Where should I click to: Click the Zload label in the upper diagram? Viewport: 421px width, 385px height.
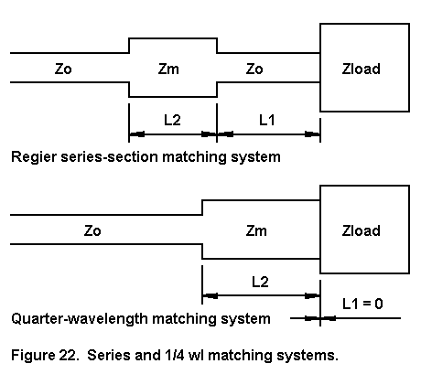tap(361, 69)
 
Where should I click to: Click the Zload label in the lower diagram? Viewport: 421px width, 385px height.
tap(361, 230)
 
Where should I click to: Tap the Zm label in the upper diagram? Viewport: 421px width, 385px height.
tap(168, 69)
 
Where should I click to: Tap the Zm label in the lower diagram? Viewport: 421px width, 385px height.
tap(256, 230)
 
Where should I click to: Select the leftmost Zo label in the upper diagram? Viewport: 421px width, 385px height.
tap(63, 69)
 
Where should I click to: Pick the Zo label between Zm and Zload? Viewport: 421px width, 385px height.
tap(254, 69)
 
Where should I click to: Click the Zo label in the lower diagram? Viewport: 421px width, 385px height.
tap(92, 230)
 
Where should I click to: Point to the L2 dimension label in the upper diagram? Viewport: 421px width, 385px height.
tap(172, 120)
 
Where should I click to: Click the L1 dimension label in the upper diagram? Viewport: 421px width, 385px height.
tap(267, 120)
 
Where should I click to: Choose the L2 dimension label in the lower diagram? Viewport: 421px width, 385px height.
tap(260, 282)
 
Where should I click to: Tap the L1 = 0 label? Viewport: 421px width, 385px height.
tap(362, 304)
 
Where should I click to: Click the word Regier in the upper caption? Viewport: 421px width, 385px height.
tap(34, 157)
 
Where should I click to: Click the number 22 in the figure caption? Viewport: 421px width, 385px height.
tap(68, 356)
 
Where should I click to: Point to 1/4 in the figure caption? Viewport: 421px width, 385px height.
tap(175, 356)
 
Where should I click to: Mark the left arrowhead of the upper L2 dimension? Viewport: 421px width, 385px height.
tap(136, 134)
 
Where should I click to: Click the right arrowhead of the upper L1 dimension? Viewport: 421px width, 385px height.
tap(312, 134)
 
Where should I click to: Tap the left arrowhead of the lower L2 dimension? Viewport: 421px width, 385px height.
tap(210, 295)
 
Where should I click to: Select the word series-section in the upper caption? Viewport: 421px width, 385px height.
tap(110, 157)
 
